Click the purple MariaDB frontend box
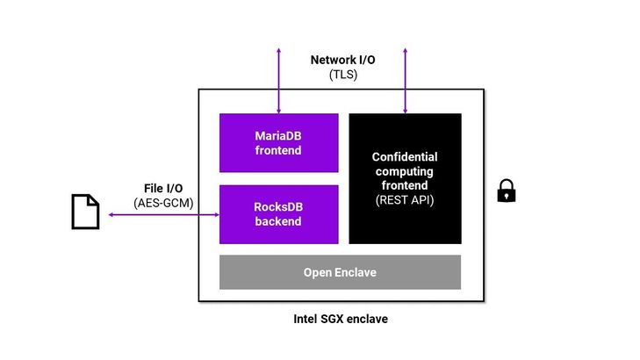point(278,143)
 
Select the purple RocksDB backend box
point(278,214)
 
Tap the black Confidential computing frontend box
point(405,178)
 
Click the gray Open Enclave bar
point(340,272)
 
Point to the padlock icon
point(507,191)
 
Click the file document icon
point(85,212)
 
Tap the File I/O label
point(164,189)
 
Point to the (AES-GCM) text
point(164,203)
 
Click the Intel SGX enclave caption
point(341,319)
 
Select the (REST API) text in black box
point(405,199)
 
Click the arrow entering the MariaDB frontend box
point(278,79)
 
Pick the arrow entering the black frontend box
point(405,79)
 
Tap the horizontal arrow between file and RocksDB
point(162,214)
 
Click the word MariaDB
point(278,136)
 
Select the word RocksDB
point(278,207)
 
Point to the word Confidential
point(405,157)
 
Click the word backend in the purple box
point(278,221)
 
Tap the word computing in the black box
point(405,171)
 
